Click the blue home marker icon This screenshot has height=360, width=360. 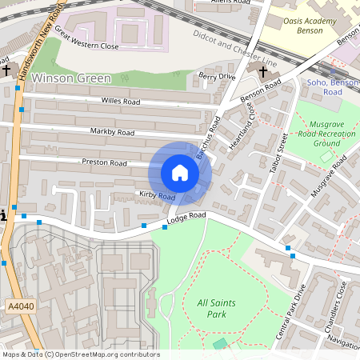(x=180, y=173)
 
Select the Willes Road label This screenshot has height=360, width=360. (x=121, y=102)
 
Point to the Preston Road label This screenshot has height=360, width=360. (x=104, y=162)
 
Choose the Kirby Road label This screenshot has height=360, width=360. (x=157, y=195)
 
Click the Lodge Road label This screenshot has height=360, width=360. (x=186, y=218)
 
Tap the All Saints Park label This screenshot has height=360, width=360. (x=201, y=308)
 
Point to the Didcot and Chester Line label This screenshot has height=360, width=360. (x=235, y=49)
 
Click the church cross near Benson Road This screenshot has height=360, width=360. (x=263, y=71)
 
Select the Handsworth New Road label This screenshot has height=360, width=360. (x=39, y=40)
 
